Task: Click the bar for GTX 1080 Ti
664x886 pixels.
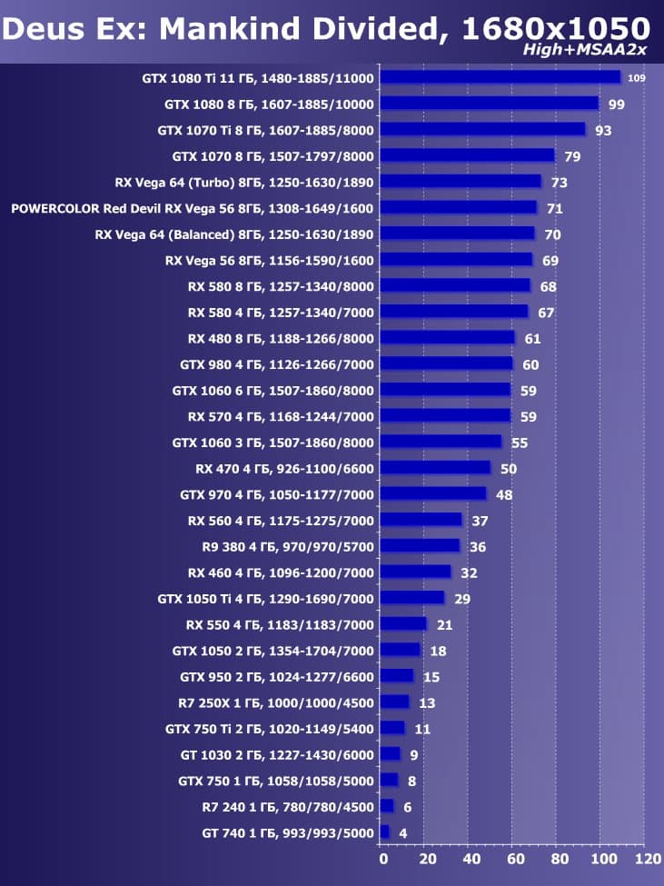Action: [500, 77]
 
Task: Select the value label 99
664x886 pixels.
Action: [617, 105]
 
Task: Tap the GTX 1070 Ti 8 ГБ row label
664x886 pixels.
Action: [266, 130]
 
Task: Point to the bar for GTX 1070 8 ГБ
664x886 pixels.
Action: [467, 155]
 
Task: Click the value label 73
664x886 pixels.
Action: [560, 183]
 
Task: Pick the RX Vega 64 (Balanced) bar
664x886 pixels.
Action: [457, 234]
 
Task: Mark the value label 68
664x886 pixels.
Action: [548, 287]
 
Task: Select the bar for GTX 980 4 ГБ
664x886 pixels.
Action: [446, 363]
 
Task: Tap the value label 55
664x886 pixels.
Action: [520, 443]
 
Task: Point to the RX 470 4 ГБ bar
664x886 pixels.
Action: [435, 468]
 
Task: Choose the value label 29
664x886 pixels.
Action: [462, 599]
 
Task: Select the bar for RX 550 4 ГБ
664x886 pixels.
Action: [403, 624]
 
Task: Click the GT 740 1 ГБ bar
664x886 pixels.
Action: [384, 832]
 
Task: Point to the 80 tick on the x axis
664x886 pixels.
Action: [559, 859]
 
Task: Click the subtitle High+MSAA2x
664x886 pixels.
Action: [587, 50]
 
